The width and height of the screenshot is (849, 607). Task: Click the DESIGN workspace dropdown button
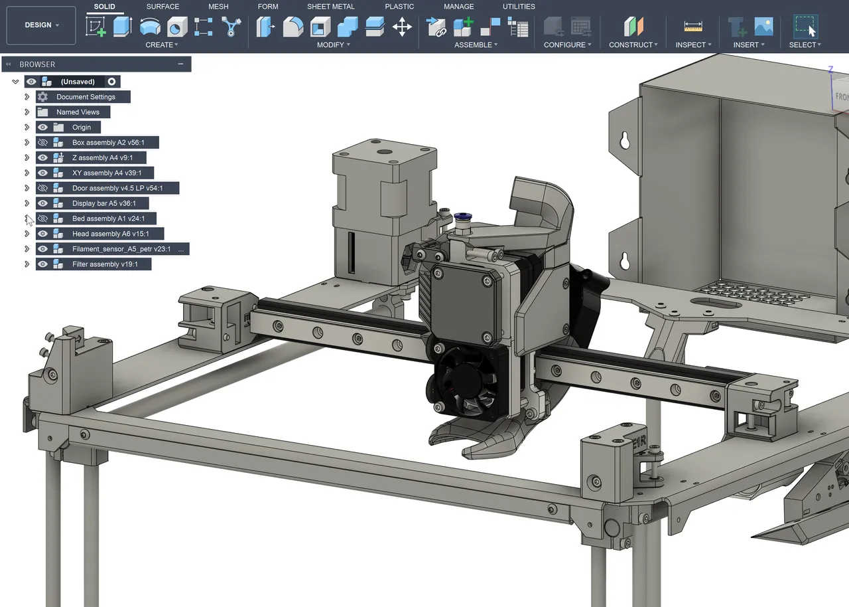[x=41, y=25]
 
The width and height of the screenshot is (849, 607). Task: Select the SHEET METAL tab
[x=330, y=7]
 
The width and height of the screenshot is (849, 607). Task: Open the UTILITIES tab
[x=519, y=7]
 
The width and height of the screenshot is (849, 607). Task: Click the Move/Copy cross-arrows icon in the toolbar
[x=402, y=27]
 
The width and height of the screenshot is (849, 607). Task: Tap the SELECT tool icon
[x=805, y=27]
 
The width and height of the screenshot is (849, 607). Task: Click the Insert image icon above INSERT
[x=763, y=27]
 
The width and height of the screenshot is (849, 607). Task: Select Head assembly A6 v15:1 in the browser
[x=110, y=234]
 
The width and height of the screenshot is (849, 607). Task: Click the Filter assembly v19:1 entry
[x=105, y=264]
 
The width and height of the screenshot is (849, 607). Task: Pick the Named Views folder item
[x=78, y=112]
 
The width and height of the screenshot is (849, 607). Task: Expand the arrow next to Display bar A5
[x=27, y=204]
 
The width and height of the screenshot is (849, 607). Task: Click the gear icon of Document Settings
[x=43, y=97]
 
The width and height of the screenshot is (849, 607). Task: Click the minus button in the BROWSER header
[x=180, y=64]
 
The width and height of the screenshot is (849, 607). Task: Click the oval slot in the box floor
[x=716, y=302]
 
